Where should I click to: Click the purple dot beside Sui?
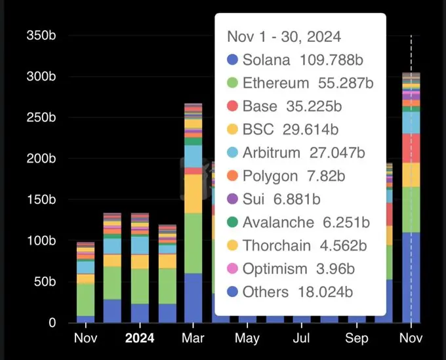pos(232,199)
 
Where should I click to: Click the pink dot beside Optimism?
pos(232,269)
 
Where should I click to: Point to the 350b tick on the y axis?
pos(41,35)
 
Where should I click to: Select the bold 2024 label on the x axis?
pos(140,339)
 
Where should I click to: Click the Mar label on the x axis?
pos(193,339)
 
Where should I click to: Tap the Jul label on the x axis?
pos(302,339)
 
